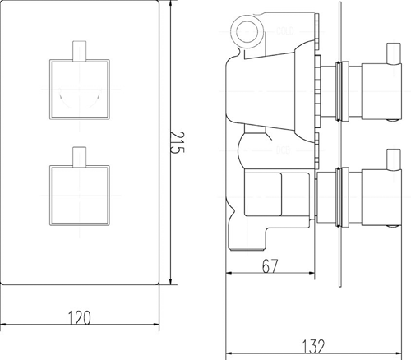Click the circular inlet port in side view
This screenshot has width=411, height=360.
tap(245, 32)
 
